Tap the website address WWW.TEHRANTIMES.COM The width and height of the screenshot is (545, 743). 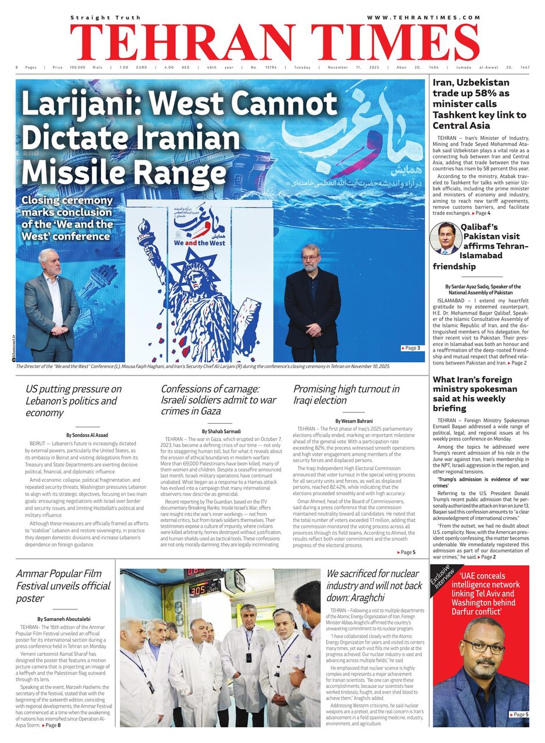click(424, 18)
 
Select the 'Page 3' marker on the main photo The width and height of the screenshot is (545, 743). click(411, 348)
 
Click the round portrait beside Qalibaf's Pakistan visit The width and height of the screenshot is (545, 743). click(445, 239)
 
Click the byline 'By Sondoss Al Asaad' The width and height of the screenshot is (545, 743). click(87, 435)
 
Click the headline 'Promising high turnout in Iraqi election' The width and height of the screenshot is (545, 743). click(346, 395)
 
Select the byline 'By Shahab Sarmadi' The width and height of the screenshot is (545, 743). click(220, 431)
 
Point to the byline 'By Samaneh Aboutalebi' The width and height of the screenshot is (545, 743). click(63, 619)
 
